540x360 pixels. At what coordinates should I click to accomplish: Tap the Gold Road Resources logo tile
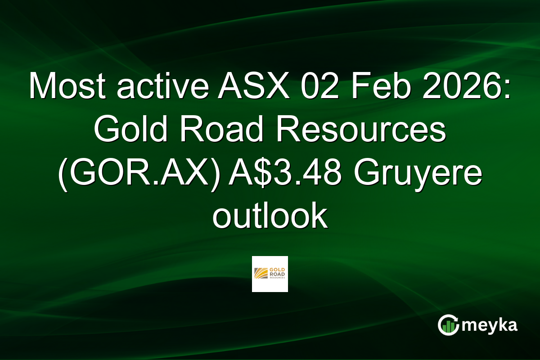270,274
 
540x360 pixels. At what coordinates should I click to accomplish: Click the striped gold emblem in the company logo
261,274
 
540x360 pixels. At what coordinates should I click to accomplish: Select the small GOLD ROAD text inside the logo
277,271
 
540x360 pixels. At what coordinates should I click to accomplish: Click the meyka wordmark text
490,325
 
